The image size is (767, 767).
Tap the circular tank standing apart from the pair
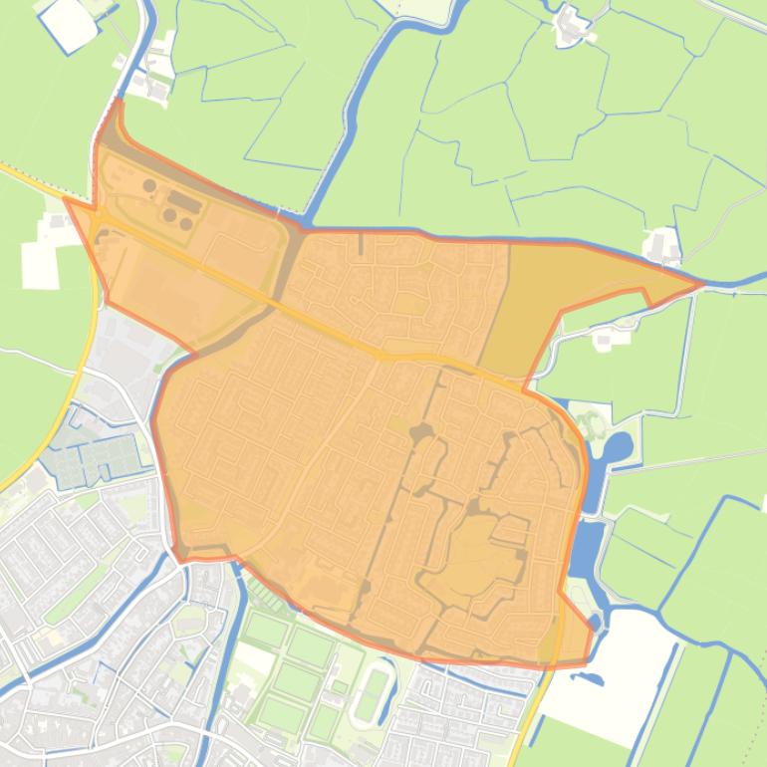point(149,185)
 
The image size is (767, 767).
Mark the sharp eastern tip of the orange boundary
point(700,284)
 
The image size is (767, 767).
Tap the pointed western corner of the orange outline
point(68,200)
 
